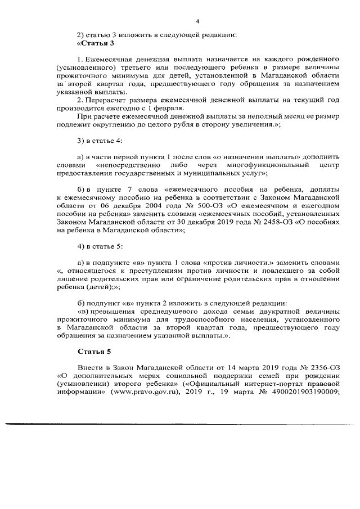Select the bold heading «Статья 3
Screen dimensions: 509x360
pyautogui.click(x=96, y=43)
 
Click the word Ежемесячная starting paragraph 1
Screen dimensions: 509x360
pyautogui.click(x=109, y=59)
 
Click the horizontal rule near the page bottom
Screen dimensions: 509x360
pyautogui.click(x=180, y=422)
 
